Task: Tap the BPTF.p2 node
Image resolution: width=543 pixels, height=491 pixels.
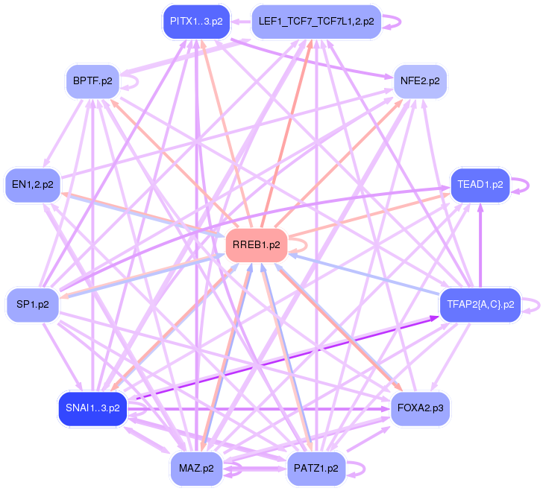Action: pos(92,80)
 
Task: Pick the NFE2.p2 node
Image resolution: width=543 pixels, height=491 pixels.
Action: pos(419,80)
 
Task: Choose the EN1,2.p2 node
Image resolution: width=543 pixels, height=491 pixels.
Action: pos(33,184)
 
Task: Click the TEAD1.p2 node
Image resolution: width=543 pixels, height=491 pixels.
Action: pos(480,184)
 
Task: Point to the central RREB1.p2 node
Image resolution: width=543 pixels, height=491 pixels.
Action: pos(256,244)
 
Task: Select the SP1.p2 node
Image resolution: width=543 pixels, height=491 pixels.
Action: pos(33,304)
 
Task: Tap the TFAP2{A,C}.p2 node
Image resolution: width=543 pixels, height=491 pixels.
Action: pos(480,304)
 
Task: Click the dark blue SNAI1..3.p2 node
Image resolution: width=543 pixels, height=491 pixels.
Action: pos(92,408)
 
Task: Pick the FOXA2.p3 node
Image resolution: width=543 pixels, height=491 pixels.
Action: pos(419,408)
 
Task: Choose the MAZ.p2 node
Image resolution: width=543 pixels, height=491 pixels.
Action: pos(196,469)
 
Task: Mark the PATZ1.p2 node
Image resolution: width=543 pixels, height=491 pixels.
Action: pos(316,469)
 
